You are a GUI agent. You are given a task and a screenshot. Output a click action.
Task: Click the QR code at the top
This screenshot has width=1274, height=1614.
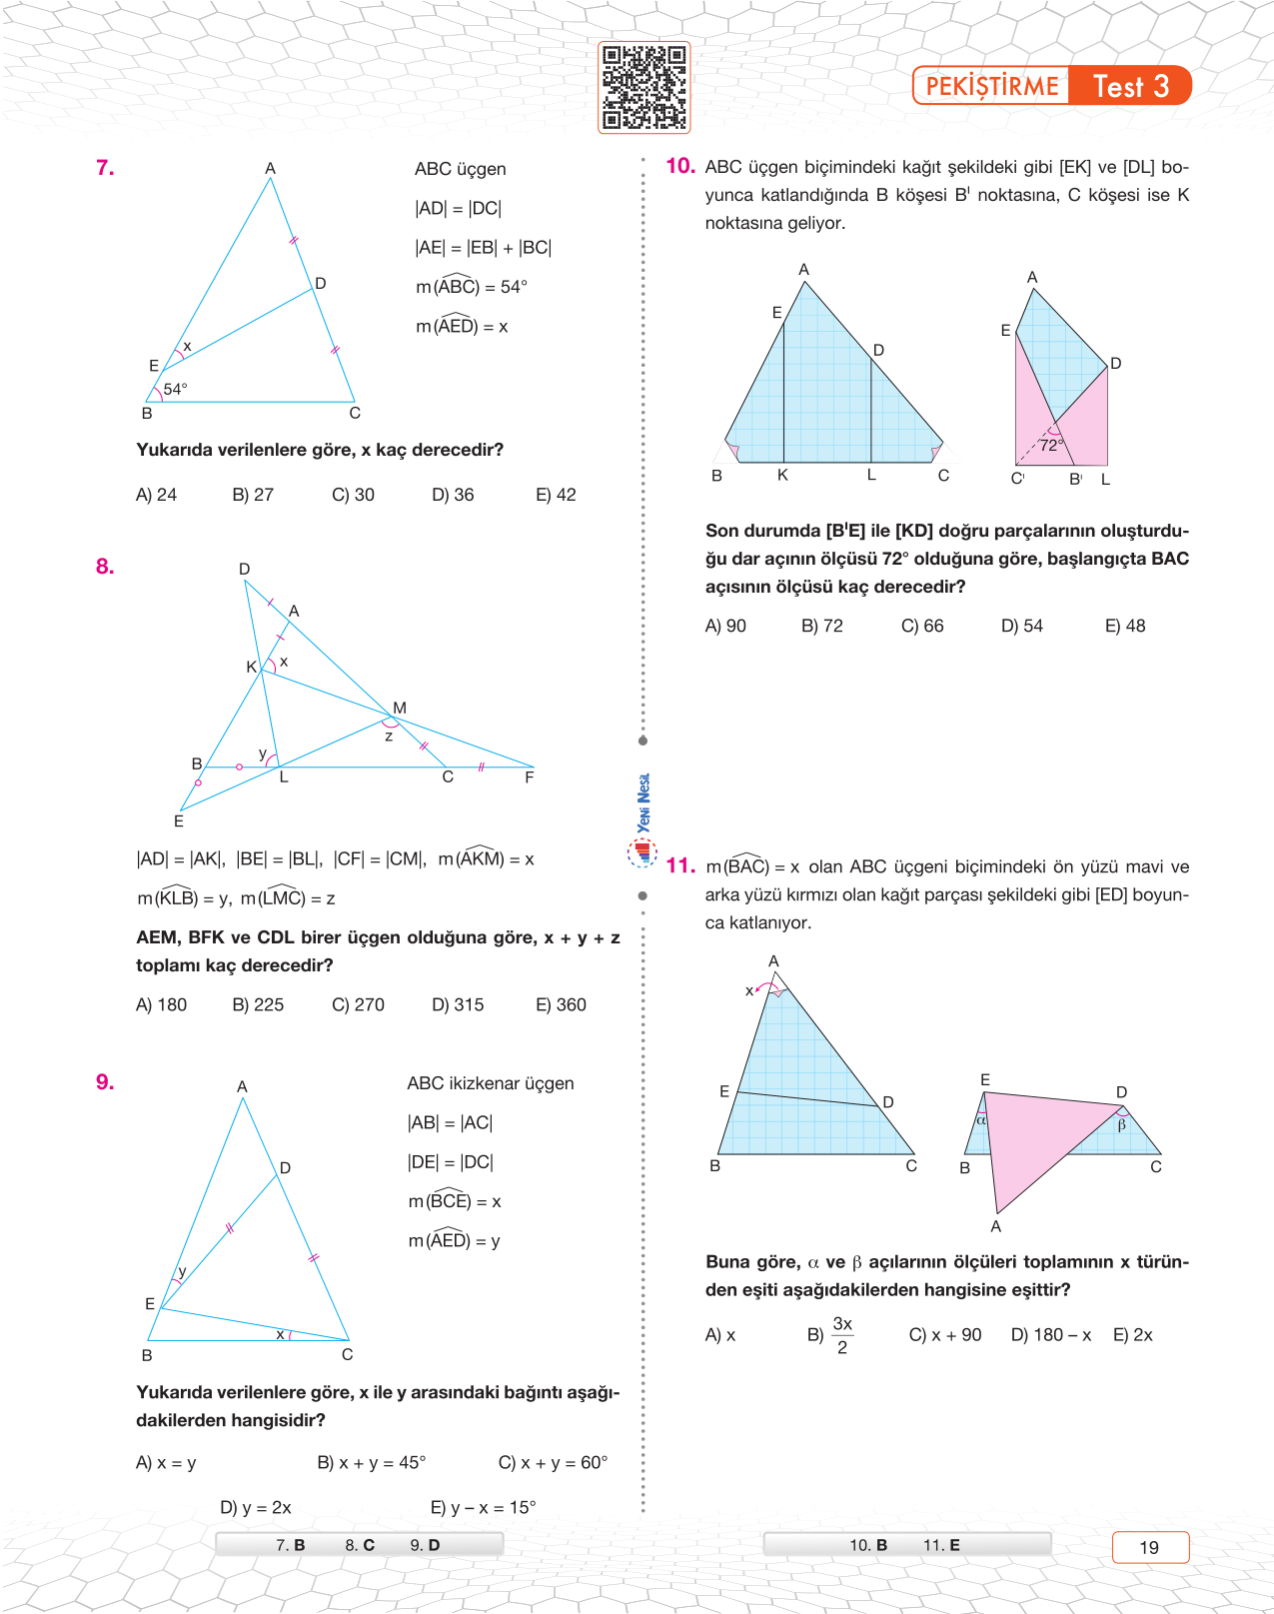coord(643,87)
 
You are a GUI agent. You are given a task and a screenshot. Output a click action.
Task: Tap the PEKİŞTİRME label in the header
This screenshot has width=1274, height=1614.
coord(991,86)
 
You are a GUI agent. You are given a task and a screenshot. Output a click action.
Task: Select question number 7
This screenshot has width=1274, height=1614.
coord(105,168)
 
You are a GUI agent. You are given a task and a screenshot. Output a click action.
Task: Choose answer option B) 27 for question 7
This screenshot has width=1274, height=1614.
coord(253,495)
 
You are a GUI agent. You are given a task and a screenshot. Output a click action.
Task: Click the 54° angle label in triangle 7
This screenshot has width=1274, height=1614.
coord(175,389)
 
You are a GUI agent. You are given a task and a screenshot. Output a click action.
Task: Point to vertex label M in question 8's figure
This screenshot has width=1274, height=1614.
coord(400,708)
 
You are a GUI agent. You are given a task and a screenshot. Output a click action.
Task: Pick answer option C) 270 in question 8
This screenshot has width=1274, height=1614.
coord(358,1004)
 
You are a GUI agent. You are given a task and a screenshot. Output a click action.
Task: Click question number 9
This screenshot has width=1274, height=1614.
coord(105,1082)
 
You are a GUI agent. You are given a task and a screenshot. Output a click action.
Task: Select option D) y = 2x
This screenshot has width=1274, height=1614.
coord(256,1507)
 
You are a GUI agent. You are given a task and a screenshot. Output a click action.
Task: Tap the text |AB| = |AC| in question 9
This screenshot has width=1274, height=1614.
coord(450,1122)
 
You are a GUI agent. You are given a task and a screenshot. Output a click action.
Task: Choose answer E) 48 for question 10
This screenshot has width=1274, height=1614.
coord(1125,626)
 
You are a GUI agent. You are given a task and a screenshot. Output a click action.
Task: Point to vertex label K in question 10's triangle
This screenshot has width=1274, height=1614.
coord(782,476)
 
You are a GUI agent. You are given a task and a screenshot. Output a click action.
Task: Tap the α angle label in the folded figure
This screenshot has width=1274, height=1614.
coord(981,1120)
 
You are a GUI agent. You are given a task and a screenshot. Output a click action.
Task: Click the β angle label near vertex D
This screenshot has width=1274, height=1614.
coord(1122,1125)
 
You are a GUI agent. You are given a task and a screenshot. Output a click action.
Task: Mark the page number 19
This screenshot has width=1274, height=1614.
coord(1149,1547)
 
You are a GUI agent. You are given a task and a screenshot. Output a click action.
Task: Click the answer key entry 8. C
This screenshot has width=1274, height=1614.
coord(360,1545)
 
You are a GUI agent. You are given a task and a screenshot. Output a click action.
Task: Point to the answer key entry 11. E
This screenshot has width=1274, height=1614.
coord(941,1545)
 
